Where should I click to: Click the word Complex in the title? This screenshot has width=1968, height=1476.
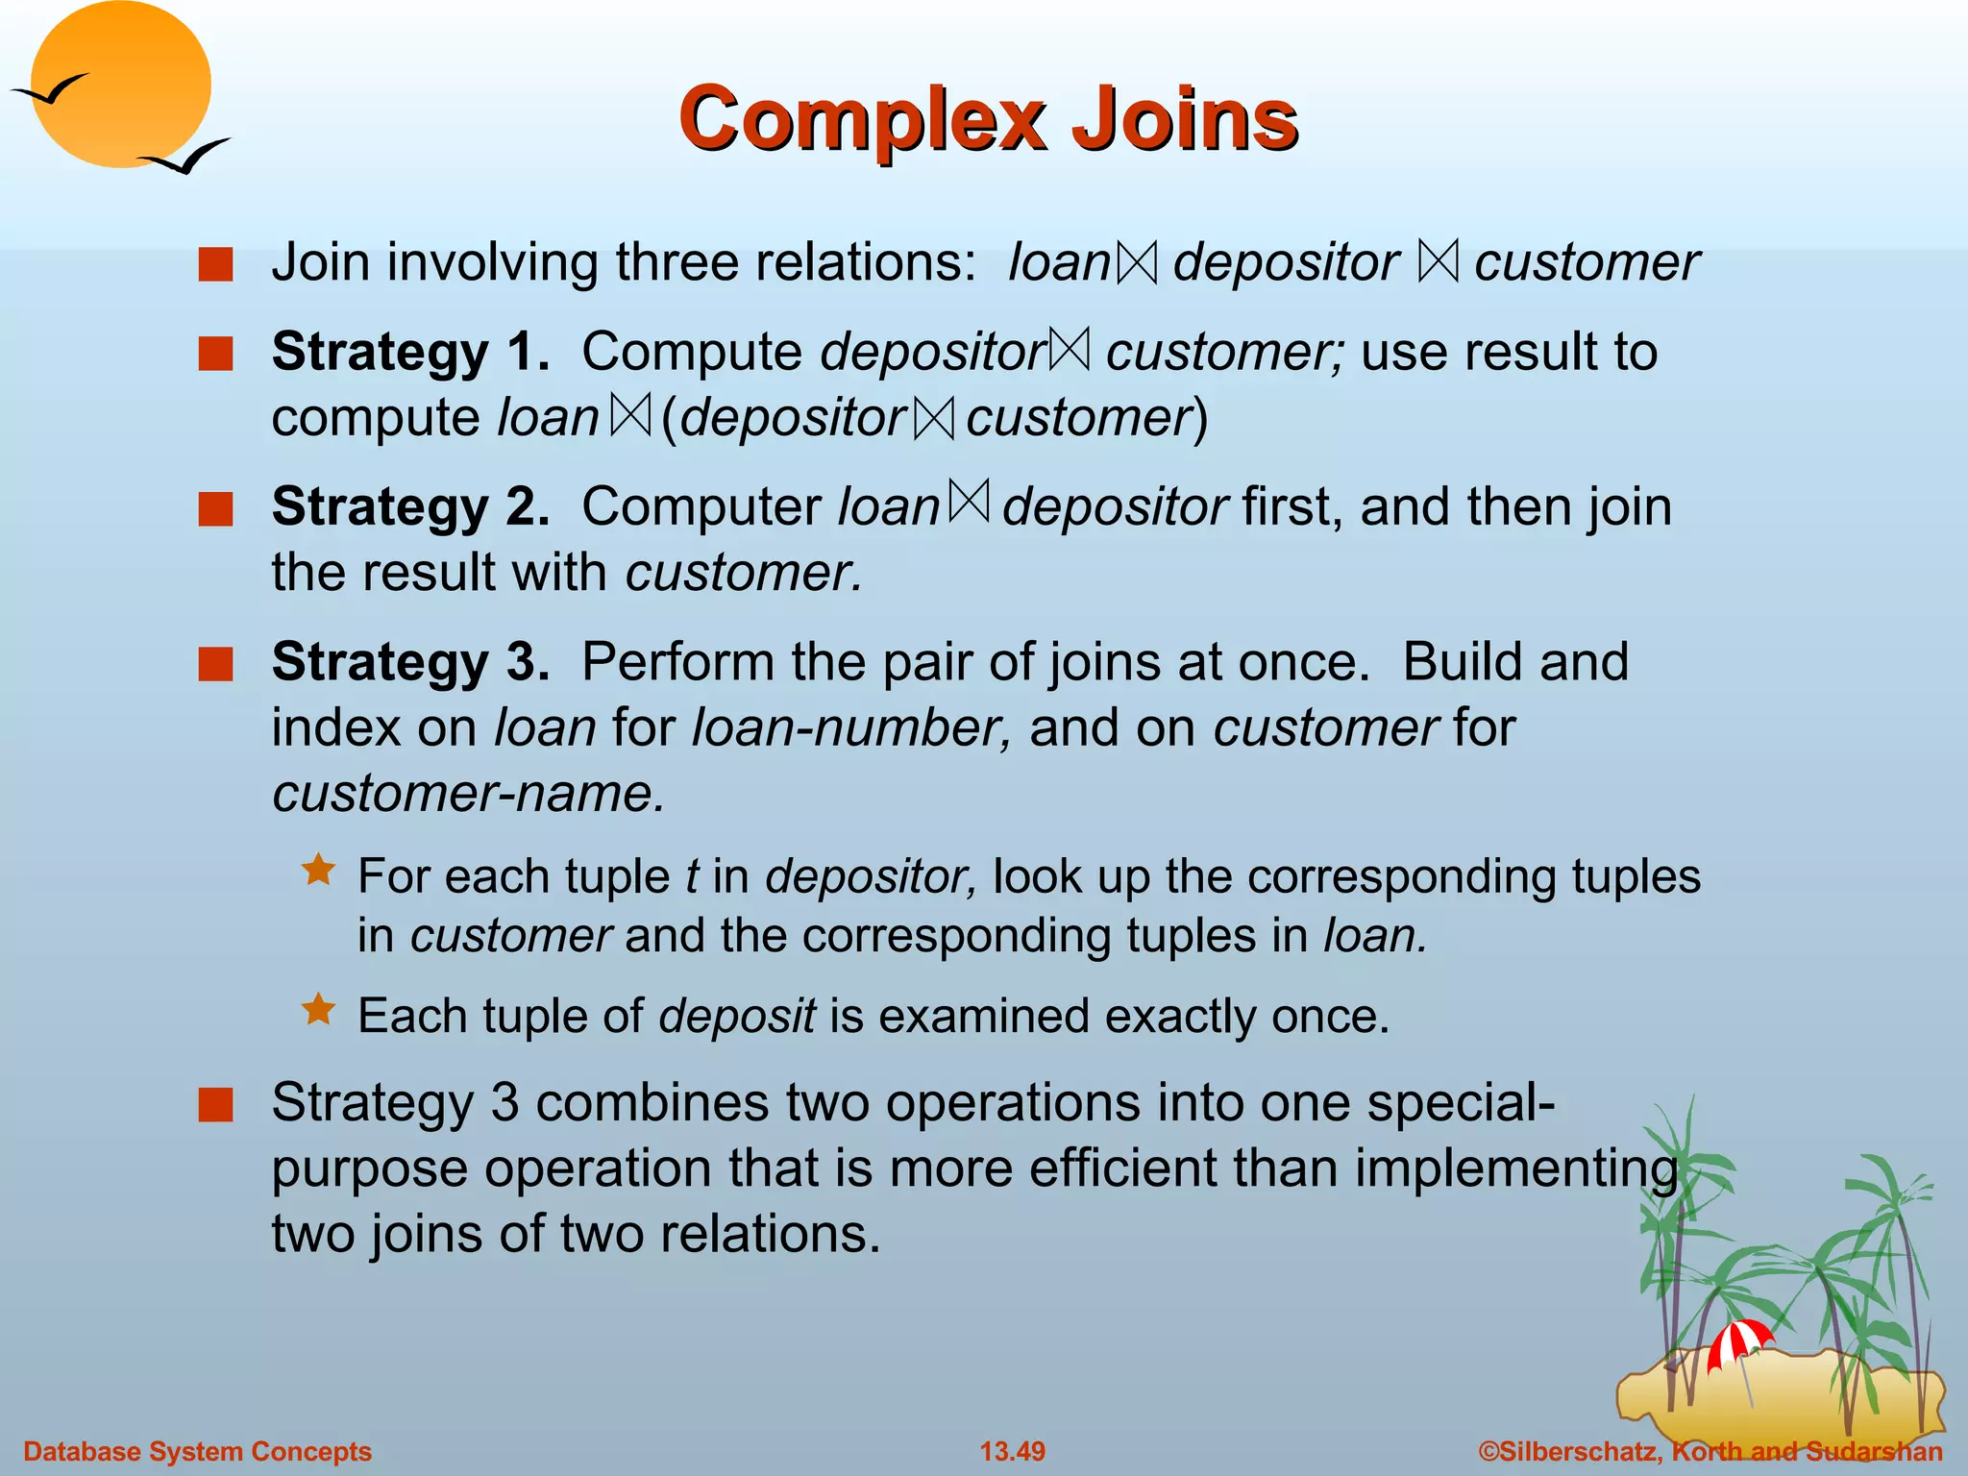click(860, 119)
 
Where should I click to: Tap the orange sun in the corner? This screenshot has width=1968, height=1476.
click(119, 85)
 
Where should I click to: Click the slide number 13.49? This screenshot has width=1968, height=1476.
click(1012, 1451)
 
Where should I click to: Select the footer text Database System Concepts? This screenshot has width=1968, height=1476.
click(197, 1451)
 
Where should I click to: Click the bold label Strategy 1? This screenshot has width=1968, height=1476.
click(410, 352)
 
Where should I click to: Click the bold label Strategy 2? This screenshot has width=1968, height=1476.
click(410, 507)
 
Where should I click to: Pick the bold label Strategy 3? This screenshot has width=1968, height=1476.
click(410, 662)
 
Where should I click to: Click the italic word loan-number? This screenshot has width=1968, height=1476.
click(851, 728)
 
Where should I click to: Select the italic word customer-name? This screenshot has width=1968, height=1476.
click(468, 794)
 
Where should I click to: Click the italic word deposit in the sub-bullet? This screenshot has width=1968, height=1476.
click(737, 1017)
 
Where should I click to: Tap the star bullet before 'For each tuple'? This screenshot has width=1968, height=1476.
click(318, 871)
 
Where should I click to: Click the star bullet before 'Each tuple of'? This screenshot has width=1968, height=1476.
click(318, 1010)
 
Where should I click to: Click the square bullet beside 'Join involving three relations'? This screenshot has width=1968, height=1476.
click(216, 264)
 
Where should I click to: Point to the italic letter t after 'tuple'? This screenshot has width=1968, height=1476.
click(691, 877)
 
